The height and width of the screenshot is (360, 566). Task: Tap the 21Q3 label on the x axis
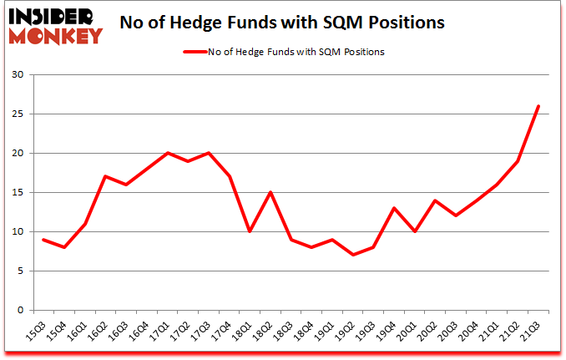[532, 331]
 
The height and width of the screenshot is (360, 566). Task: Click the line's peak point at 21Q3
[538, 106]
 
